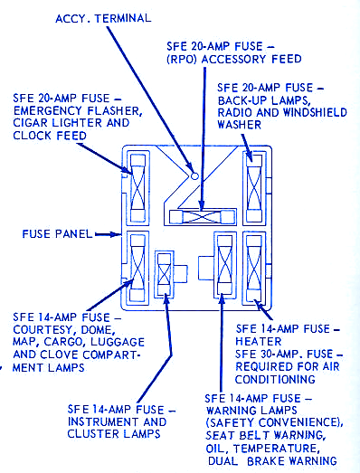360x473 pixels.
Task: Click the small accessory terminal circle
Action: pos(195,175)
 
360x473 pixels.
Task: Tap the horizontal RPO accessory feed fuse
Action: pos(203,217)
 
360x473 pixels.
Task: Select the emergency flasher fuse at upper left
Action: pos(137,188)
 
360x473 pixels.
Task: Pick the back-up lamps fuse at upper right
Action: pos(254,188)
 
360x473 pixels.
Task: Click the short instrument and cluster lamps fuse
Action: pos(165,274)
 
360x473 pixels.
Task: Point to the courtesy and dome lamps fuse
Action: pos(137,268)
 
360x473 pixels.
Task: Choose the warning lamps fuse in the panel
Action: pos(225,268)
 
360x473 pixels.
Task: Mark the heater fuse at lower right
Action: pos(254,268)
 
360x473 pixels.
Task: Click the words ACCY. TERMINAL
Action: pos(103,19)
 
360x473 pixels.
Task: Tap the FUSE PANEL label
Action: pos(57,233)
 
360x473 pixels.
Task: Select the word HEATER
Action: pos(259,342)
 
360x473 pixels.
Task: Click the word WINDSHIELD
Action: pos(315,112)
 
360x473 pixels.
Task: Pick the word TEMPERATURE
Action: pos(277,449)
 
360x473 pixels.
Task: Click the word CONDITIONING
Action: pos(275,379)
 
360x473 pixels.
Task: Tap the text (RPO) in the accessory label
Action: pos(182,59)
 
